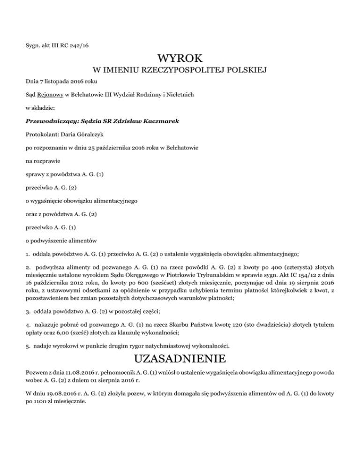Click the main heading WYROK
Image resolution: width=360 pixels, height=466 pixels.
coord(180,59)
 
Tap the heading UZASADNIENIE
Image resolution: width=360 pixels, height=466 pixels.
coord(180,360)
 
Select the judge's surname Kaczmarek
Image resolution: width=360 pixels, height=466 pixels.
coord(158,121)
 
